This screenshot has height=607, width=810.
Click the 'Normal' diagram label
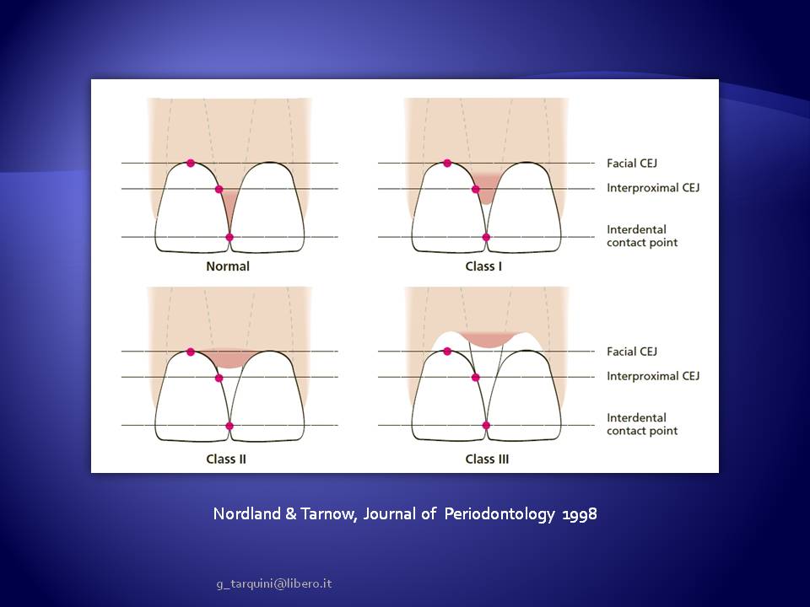228,266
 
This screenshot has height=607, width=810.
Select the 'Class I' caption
483,266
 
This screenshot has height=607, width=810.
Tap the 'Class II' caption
226,459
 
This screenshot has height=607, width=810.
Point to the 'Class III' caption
487,459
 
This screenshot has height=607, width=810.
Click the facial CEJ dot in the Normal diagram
191,163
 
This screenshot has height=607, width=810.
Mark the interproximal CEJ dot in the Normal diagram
219,189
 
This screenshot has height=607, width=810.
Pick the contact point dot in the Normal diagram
229,238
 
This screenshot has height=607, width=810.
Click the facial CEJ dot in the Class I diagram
447,163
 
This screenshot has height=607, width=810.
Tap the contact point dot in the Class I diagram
486,238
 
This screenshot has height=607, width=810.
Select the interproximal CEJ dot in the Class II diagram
219,378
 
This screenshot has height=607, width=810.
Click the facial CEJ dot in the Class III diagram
447,352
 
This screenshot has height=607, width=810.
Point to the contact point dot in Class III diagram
486,425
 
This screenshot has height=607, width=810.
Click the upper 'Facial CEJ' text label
632,164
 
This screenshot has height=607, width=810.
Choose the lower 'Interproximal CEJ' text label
653,376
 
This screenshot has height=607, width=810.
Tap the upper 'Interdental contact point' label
642,236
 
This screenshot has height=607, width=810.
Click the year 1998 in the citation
580,513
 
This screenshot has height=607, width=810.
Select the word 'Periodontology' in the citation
499,514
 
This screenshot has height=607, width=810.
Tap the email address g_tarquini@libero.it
274,583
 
